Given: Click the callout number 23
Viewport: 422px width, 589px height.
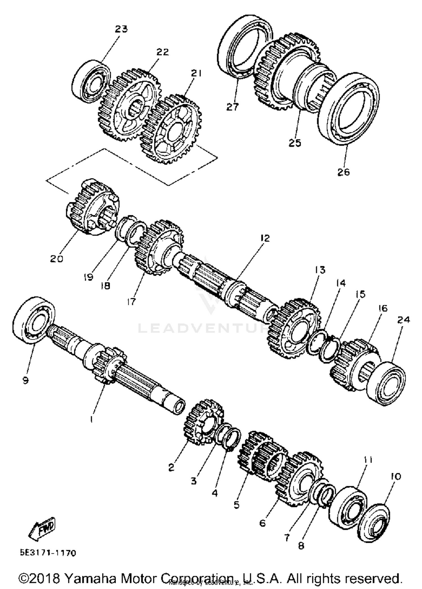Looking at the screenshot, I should [121, 29].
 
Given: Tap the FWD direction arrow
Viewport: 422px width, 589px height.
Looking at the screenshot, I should [42, 528].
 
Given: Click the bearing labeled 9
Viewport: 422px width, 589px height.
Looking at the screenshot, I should [34, 320].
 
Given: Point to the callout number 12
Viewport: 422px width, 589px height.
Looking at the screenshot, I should [264, 238].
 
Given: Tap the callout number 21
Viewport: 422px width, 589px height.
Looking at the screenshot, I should [196, 73].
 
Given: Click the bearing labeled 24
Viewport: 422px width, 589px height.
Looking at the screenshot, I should [387, 383].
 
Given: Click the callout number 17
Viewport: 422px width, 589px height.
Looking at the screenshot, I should [131, 302].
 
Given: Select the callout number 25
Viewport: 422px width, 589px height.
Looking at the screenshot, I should [295, 142].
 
